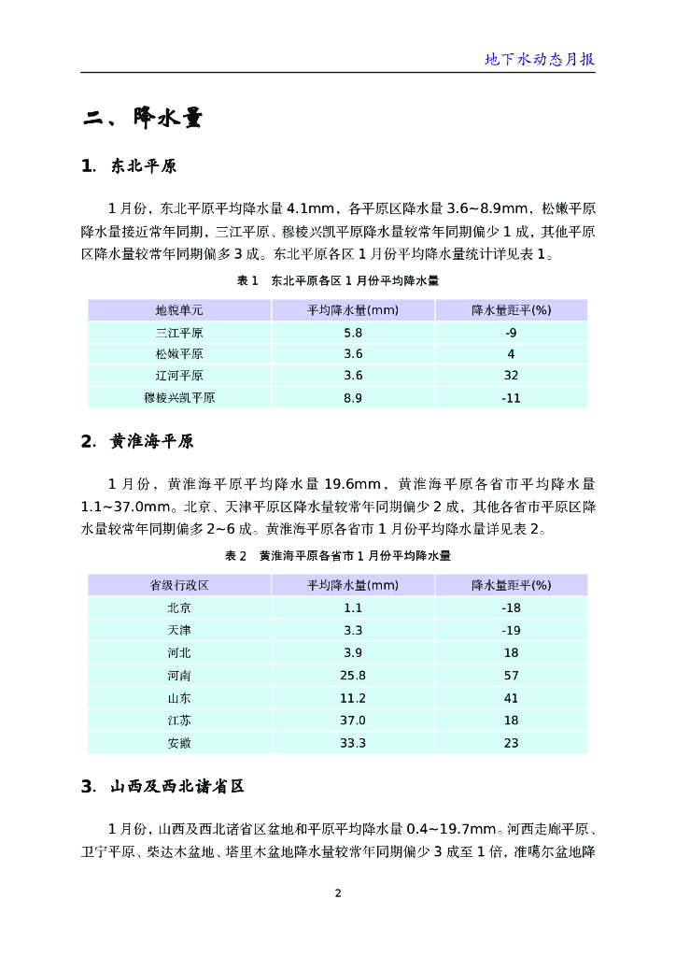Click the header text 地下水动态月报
click(x=540, y=59)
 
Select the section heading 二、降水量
click(x=142, y=118)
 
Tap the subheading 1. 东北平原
click(x=130, y=167)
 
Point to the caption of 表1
click(x=338, y=280)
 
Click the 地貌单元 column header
click(x=179, y=310)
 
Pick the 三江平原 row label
click(x=179, y=333)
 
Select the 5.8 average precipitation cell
click(x=353, y=333)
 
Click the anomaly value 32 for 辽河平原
click(x=511, y=376)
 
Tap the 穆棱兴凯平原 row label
click(x=179, y=398)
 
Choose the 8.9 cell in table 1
click(x=353, y=398)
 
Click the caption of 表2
click(x=338, y=555)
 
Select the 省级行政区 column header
click(x=179, y=585)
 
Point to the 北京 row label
click(x=179, y=607)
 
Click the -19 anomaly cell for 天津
click(x=511, y=630)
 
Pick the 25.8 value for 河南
click(x=353, y=675)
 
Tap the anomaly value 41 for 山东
click(x=511, y=698)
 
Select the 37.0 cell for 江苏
click(x=353, y=721)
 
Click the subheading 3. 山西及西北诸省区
click(x=163, y=787)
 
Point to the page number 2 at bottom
click(x=338, y=893)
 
